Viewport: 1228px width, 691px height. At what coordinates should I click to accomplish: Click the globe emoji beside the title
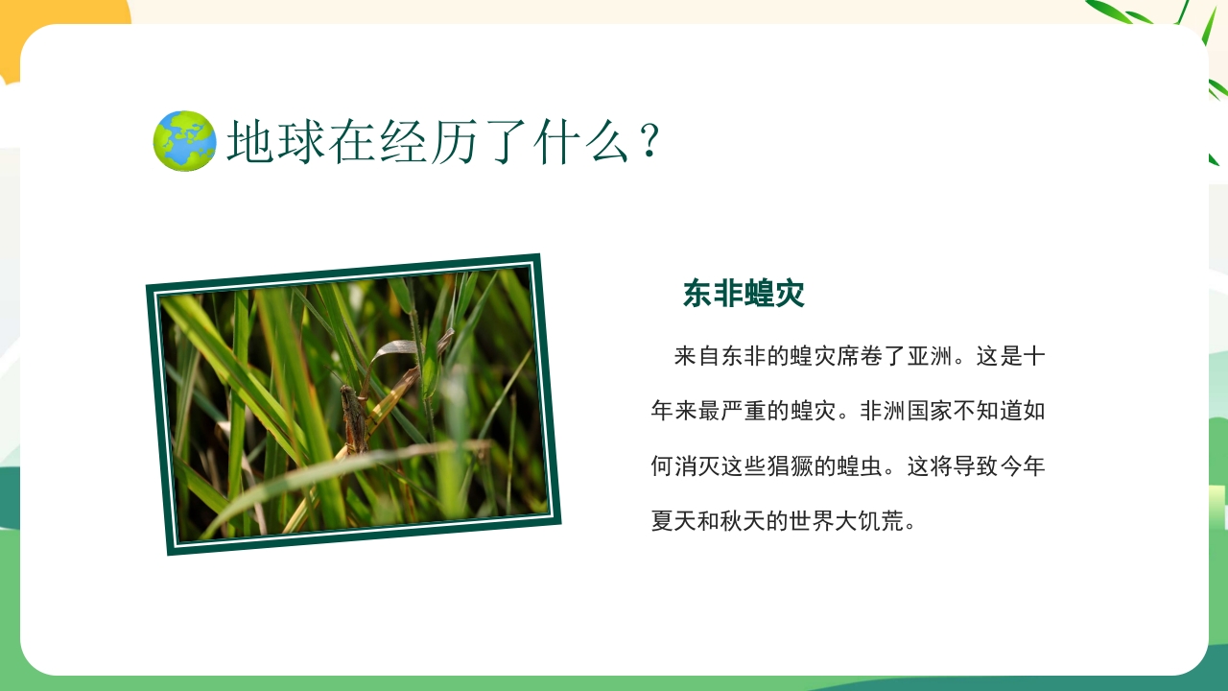tap(185, 141)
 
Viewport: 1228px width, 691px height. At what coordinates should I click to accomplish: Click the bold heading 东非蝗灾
tap(744, 295)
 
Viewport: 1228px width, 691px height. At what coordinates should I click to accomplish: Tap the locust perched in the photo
tap(355, 417)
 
